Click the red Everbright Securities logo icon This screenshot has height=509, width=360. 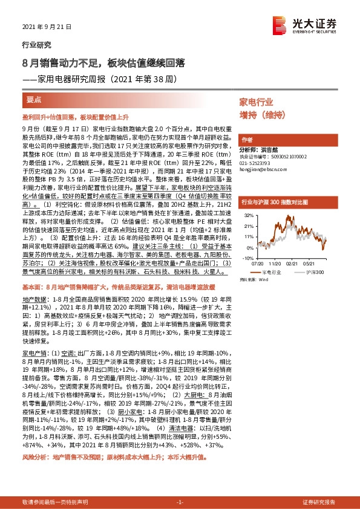pos(280,24)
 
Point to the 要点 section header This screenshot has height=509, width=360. pos(34,100)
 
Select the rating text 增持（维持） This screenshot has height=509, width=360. pos(261,114)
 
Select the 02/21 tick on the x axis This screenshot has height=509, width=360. pos(292,264)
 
